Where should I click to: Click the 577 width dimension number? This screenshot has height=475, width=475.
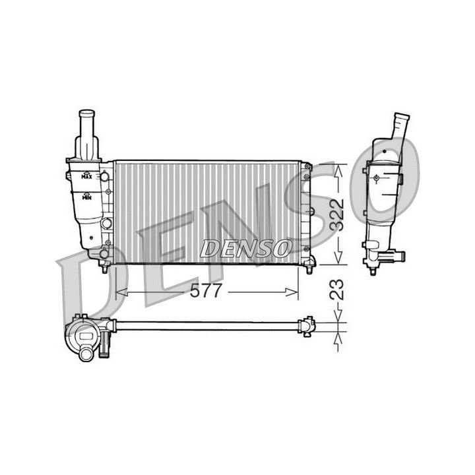point(206,292)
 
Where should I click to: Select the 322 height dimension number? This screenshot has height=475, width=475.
point(337,213)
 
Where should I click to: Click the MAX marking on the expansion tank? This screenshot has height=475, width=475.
point(86,176)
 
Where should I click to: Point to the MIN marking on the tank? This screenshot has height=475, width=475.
point(86,196)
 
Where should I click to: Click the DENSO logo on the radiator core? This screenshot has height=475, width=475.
point(245,249)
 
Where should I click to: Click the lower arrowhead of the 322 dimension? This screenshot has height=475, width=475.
point(339,259)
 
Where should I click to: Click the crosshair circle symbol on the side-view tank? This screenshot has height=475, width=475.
point(376,177)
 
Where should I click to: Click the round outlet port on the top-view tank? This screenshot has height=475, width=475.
point(86,354)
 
